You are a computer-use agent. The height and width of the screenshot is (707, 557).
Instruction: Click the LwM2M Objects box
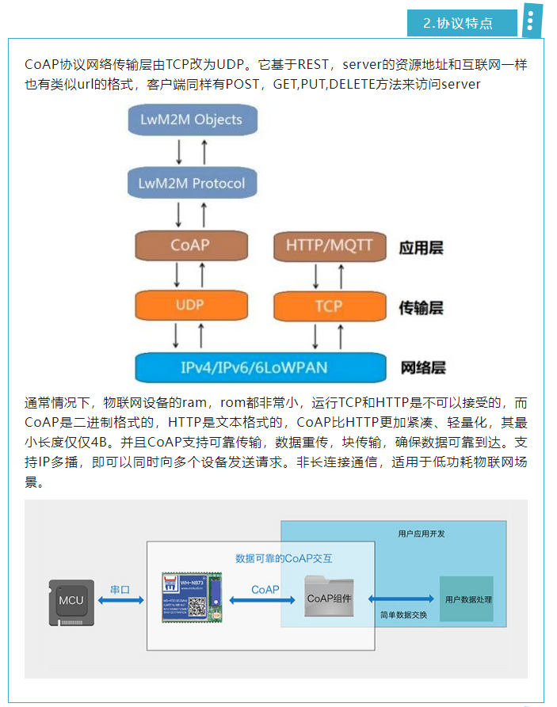190,120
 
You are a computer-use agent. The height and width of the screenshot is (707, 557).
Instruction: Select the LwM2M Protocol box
191,183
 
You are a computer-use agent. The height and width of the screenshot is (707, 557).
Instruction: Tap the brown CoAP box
190,245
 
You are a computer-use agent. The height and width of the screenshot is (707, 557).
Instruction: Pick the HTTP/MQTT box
328,245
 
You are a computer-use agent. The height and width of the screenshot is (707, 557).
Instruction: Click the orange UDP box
190,305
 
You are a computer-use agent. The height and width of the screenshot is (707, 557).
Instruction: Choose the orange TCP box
328,306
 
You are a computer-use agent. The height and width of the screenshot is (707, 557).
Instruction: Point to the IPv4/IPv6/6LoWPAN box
264,367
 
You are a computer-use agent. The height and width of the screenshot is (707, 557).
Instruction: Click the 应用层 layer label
421,248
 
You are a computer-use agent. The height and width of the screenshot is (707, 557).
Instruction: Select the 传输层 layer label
421,308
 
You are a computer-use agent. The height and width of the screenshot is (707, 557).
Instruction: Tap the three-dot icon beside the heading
530,21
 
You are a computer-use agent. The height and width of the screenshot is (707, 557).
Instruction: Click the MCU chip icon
71,600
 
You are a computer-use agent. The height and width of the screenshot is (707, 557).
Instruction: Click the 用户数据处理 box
467,599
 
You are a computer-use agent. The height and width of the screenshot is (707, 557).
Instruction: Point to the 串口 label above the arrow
120,589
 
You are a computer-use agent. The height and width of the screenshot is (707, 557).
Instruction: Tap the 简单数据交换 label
403,614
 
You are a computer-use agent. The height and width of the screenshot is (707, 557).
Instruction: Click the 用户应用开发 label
421,534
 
